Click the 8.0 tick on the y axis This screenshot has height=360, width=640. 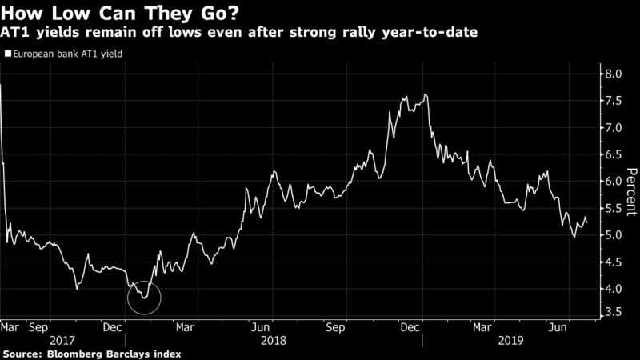(612, 74)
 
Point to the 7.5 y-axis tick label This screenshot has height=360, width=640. (612, 102)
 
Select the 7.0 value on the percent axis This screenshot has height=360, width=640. (612, 128)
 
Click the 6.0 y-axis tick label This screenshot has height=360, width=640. (612, 182)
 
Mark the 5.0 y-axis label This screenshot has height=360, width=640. (612, 235)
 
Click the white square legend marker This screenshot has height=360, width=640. (8, 54)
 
